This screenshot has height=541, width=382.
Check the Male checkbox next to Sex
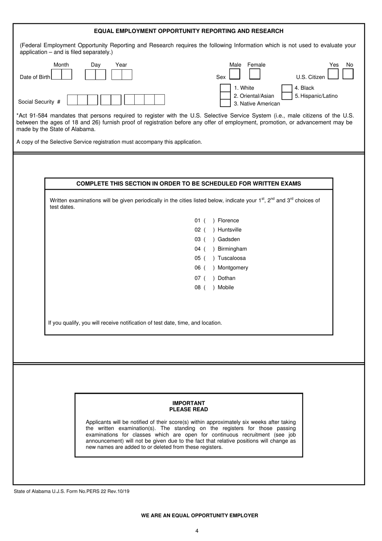234,74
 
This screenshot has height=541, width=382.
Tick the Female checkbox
255,74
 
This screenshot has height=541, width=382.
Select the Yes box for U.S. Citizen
333,74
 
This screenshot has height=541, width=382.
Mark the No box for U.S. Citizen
348,74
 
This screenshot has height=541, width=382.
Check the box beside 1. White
225,88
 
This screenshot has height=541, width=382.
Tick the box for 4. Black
287,88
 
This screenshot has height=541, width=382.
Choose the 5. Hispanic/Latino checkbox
287,96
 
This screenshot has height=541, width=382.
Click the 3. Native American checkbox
225,103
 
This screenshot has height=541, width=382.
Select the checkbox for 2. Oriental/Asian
225,96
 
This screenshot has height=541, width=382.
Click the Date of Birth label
35,77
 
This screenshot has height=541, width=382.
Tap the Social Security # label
39,102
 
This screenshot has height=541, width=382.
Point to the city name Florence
228,221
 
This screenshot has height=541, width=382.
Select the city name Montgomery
233,268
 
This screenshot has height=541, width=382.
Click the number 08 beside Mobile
197,288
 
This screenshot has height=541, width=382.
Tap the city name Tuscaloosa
232,258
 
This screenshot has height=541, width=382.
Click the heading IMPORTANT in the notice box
189,403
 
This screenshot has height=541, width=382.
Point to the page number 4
197,531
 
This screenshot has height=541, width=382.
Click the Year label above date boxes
121,65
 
